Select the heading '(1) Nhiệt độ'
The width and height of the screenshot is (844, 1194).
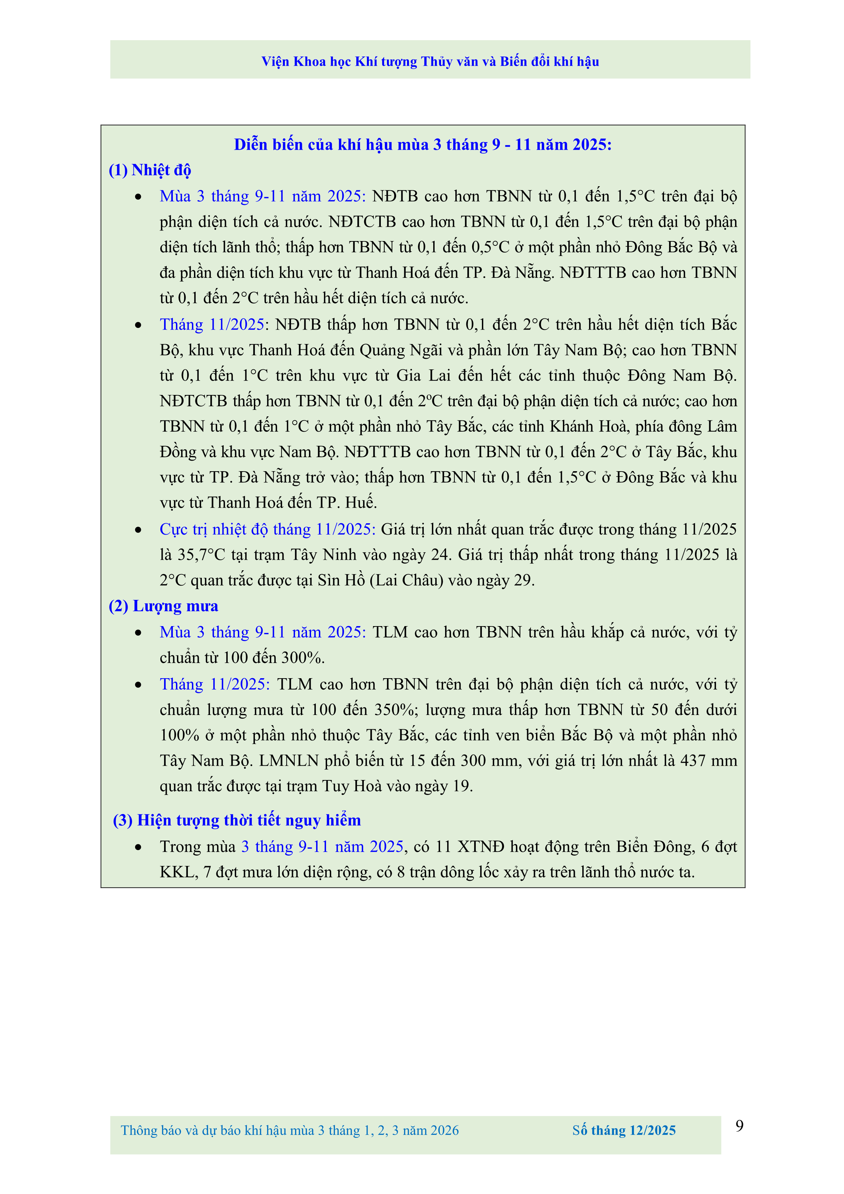pyautogui.click(x=150, y=170)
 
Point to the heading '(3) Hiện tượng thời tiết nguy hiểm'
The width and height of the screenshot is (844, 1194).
pyautogui.click(x=237, y=820)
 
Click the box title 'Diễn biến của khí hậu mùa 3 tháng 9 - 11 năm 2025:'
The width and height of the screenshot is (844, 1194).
pyautogui.click(x=423, y=145)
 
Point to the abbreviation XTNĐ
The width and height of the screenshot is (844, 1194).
pyautogui.click(x=481, y=847)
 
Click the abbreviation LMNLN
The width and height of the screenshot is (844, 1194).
pyautogui.click(x=289, y=761)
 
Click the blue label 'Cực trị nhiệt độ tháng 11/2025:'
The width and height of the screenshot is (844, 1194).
pyautogui.click(x=267, y=529)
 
